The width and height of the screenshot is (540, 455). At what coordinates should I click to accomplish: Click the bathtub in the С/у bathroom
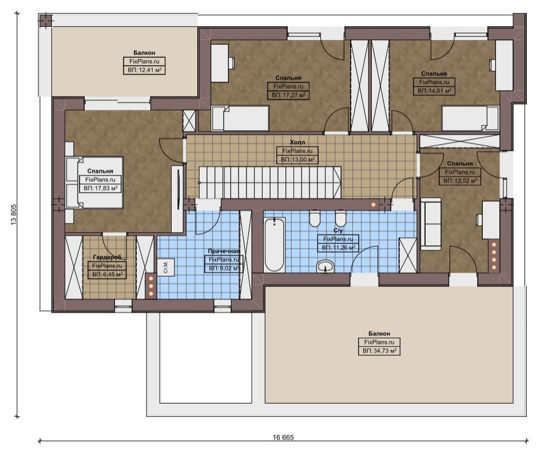274,245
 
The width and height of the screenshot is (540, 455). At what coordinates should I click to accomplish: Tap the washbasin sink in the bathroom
325,266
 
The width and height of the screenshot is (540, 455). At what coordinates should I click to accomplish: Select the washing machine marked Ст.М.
166,267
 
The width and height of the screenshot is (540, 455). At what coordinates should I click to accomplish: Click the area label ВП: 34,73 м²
379,351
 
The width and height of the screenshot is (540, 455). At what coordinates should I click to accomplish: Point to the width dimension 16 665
283,437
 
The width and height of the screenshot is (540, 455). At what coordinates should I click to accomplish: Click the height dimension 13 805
14,215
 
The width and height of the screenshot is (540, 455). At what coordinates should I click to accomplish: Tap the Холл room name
297,142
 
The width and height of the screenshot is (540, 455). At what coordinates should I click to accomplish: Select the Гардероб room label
107,257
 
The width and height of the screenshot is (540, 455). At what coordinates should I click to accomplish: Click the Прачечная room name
224,252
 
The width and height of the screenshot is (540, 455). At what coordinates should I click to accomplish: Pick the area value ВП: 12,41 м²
144,70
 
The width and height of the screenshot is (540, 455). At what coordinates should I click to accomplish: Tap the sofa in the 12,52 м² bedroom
431,223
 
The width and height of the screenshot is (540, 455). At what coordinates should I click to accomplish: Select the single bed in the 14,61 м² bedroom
470,118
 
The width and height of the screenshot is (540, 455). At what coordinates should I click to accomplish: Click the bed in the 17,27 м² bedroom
240,118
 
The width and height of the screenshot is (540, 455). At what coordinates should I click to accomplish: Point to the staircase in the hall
269,183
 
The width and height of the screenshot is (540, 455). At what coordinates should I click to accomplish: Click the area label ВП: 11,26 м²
339,248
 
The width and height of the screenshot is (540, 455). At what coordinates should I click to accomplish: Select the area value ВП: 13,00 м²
297,159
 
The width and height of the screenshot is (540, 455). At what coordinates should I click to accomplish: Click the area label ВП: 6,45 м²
107,274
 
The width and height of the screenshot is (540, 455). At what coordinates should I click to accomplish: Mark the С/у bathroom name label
339,230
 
